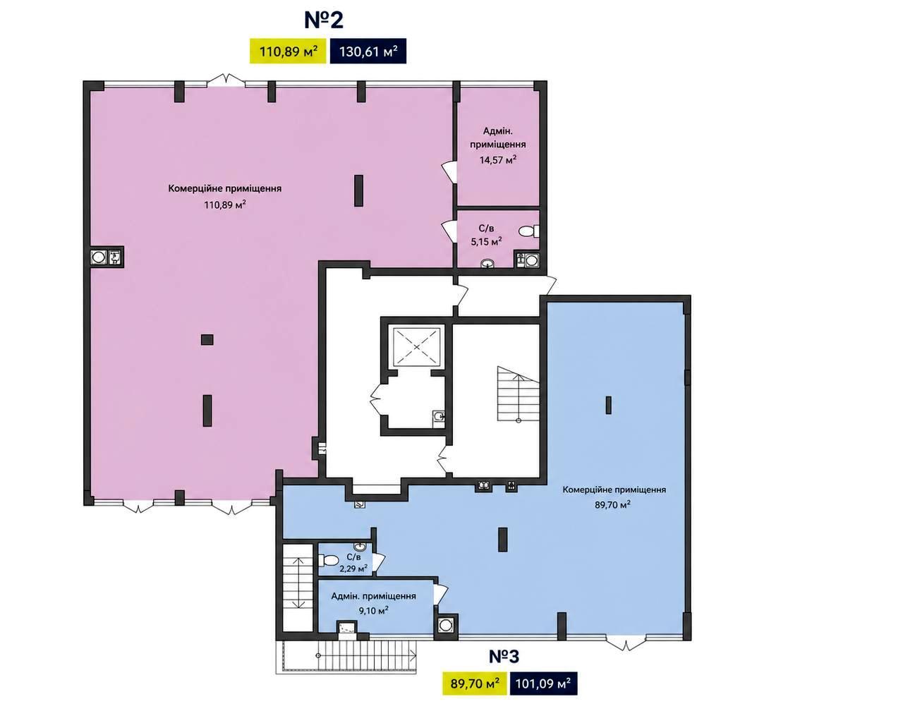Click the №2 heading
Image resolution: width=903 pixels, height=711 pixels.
tap(324, 20)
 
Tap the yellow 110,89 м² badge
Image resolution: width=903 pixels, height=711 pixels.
tap(288, 51)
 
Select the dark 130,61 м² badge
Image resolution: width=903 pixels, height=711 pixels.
tap(368, 51)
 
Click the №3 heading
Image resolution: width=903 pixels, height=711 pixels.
tap(504, 657)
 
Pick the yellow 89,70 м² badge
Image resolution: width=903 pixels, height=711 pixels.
tap(475, 683)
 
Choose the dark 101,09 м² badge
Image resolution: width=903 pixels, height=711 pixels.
tap(543, 683)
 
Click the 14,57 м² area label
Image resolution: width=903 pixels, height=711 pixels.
tap(497, 160)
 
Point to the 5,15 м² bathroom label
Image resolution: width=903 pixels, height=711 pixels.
tap(486, 242)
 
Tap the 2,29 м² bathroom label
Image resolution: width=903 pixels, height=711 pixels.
tap(353, 569)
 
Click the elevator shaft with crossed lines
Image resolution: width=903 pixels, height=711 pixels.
tap(416, 346)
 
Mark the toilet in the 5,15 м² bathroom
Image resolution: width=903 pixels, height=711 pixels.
tap(528, 231)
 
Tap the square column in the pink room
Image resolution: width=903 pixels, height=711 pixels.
tap(207, 339)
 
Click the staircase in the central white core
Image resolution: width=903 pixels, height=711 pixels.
tap(518, 394)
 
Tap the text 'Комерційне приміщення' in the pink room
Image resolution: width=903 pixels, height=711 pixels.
tap(225, 188)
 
